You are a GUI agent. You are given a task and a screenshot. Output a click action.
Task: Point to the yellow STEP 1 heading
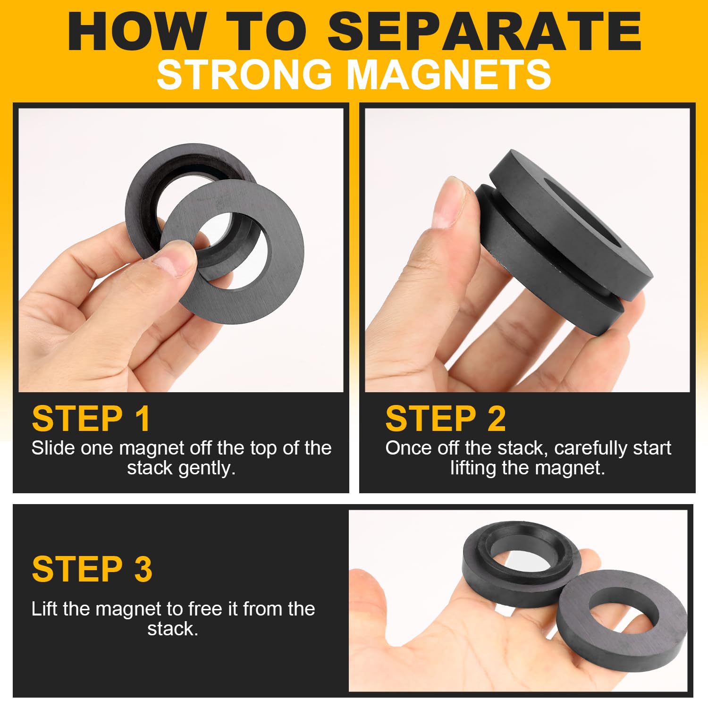click(91, 418)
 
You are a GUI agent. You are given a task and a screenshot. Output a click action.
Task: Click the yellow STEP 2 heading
click(446, 418)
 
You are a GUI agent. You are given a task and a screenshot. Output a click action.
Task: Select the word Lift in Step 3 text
click(44, 609)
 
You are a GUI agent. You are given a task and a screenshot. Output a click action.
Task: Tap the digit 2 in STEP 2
click(497, 418)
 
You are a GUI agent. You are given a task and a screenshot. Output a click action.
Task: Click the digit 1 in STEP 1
click(143, 418)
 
